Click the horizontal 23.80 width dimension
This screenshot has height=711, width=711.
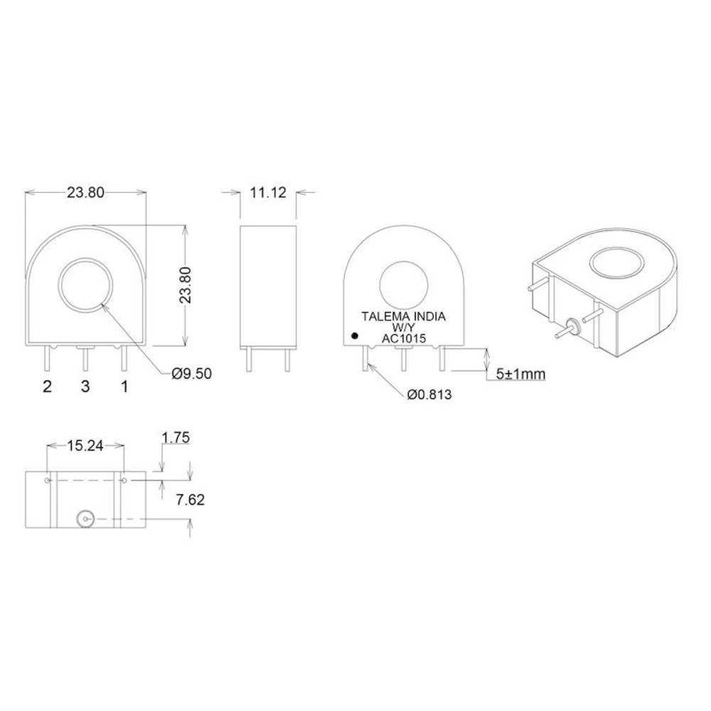tap(86, 192)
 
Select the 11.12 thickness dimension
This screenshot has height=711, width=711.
tap(267, 192)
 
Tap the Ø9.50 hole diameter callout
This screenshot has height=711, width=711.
tap(191, 373)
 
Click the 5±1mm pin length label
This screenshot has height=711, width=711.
tap(520, 373)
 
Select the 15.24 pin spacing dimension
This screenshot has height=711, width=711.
tap(85, 446)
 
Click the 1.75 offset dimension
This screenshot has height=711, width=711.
tap(176, 439)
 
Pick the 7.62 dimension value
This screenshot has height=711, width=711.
tap(190, 500)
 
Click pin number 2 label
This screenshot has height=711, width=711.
tap(48, 387)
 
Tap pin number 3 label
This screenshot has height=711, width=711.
tap(85, 387)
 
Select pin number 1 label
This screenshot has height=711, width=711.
tap(124, 387)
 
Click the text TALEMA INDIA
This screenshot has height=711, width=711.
tap(404, 317)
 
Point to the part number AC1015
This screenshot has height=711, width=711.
tap(404, 339)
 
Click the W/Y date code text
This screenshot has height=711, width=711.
tap(404, 328)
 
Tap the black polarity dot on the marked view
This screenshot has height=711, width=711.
tap(354, 335)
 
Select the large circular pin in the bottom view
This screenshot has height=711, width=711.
tap(86, 520)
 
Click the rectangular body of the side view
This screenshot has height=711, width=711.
tap(267, 285)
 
